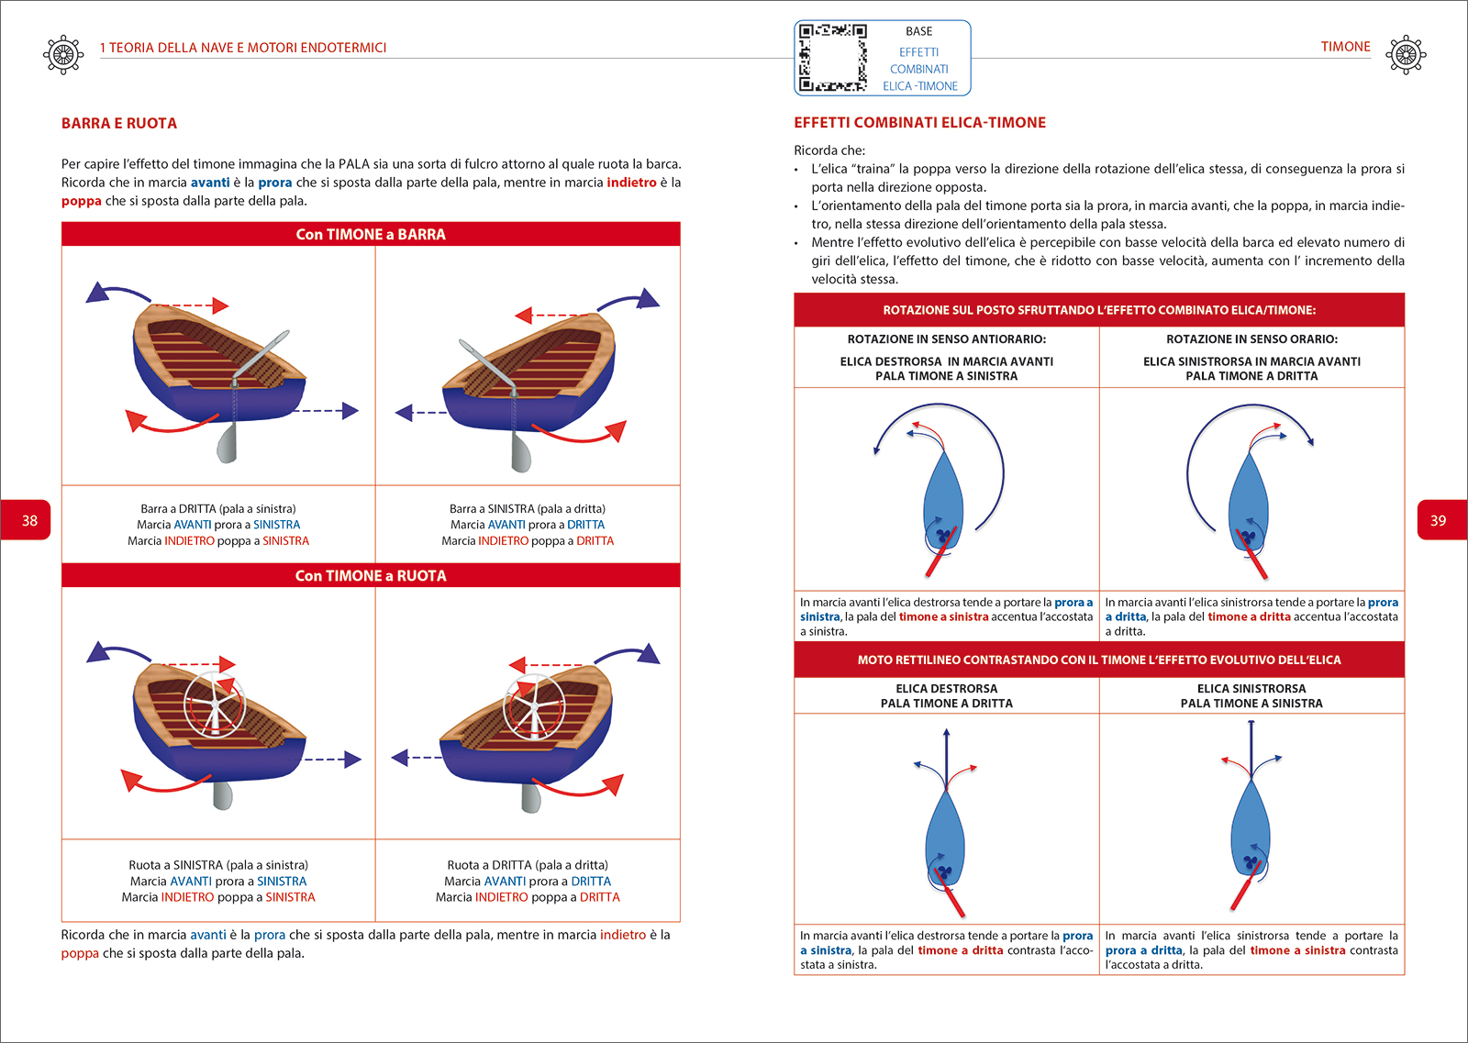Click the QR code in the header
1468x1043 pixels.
click(x=832, y=58)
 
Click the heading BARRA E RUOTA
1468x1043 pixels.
click(x=119, y=124)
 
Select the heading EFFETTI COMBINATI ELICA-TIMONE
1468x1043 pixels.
click(x=919, y=123)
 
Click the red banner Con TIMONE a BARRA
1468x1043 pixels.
click(x=371, y=235)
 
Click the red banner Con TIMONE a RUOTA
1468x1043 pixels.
click(x=371, y=576)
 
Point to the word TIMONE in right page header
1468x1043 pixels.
click(x=1345, y=47)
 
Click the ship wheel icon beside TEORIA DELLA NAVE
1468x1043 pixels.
click(x=63, y=55)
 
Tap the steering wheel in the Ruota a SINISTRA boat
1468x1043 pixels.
click(x=215, y=705)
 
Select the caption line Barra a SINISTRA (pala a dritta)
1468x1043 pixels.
click(x=528, y=509)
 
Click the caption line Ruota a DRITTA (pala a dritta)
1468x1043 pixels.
click(x=528, y=865)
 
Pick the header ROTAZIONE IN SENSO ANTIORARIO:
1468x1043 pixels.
click(x=946, y=339)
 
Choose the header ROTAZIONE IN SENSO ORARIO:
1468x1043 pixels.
click(x=1251, y=339)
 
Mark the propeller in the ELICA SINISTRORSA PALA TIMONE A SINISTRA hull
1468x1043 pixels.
click(x=1249, y=863)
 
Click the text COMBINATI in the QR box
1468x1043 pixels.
click(x=918, y=70)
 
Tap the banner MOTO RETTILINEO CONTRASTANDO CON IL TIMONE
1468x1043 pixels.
click(x=1098, y=660)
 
